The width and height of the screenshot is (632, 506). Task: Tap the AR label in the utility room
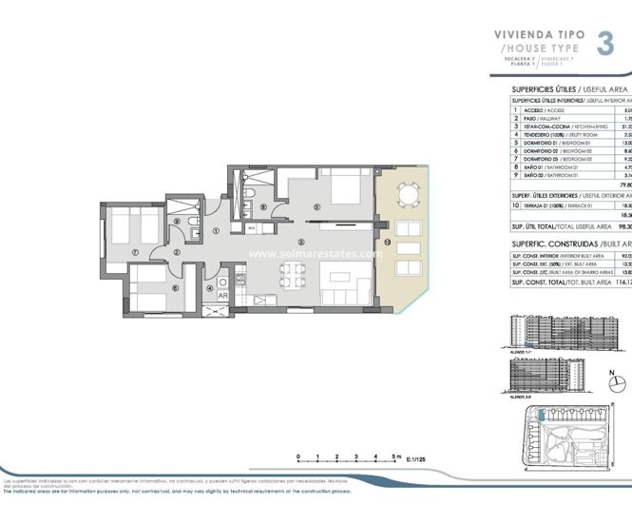tap(222, 295)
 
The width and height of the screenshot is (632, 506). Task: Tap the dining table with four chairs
tap(294, 276)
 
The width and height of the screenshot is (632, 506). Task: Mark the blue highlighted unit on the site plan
tap(541, 415)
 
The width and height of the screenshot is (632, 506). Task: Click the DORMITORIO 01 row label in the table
tap(537, 144)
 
